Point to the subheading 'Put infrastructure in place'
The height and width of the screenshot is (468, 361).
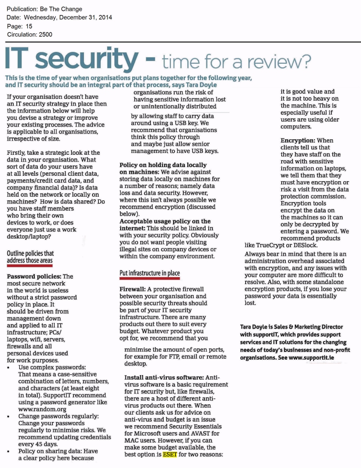point(150,273)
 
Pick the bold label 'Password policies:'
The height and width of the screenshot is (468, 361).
point(34,276)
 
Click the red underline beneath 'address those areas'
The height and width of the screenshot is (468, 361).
point(30,266)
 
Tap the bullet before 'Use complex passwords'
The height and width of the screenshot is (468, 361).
point(10,367)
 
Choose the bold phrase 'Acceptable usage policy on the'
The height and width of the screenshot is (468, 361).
point(165,221)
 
